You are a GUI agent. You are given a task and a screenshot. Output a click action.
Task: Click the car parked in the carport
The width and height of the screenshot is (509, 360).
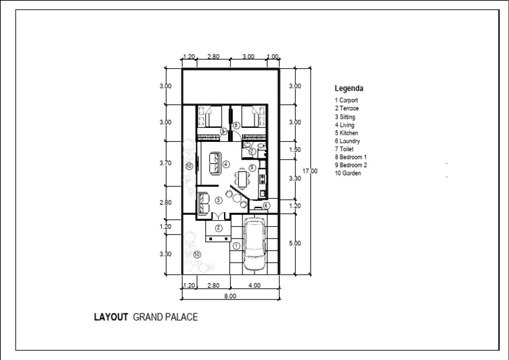[x=254, y=245]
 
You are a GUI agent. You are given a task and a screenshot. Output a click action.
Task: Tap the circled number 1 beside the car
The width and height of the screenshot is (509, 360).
[x=237, y=245]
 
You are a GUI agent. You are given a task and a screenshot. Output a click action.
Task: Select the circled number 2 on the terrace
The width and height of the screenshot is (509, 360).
[x=217, y=228]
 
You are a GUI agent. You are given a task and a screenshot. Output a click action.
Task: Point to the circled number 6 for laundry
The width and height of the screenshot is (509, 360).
[x=266, y=206]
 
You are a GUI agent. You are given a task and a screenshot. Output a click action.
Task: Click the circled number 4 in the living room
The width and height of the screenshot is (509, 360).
[x=226, y=164]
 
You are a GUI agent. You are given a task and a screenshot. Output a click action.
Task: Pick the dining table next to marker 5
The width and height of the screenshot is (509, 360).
[x=243, y=177]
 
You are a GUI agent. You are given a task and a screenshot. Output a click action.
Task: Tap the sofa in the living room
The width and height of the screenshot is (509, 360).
[x=215, y=160]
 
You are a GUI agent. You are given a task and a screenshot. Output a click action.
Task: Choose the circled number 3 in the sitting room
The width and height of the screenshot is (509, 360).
[x=218, y=200]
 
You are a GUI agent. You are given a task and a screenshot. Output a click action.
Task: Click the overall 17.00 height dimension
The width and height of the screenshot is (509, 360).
[x=310, y=171]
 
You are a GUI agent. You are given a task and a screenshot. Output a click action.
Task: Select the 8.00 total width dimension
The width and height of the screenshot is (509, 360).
[x=229, y=296]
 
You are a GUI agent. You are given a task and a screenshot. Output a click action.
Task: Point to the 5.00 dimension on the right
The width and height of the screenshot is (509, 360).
[x=296, y=243]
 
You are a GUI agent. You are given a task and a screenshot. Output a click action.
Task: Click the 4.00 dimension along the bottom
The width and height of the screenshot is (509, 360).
[x=254, y=286]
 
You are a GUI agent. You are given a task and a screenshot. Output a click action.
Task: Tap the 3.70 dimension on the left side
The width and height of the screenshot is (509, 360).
[x=166, y=163]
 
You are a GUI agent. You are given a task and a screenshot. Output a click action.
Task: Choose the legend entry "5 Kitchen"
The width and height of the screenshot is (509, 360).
[x=347, y=133]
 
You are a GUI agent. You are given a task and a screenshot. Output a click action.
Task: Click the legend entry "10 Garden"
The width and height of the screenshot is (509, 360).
[x=348, y=174]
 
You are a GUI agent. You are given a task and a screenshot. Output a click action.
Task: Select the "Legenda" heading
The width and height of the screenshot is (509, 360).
[x=349, y=88]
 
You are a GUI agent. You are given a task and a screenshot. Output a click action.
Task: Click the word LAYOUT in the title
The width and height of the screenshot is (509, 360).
[x=111, y=318]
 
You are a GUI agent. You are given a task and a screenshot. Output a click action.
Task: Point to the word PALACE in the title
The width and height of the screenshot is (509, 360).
[x=180, y=318]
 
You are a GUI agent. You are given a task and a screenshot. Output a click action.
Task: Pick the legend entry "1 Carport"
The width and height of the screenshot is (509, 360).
[x=347, y=100]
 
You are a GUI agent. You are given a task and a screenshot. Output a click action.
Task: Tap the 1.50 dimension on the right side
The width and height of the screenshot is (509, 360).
[x=296, y=150]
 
